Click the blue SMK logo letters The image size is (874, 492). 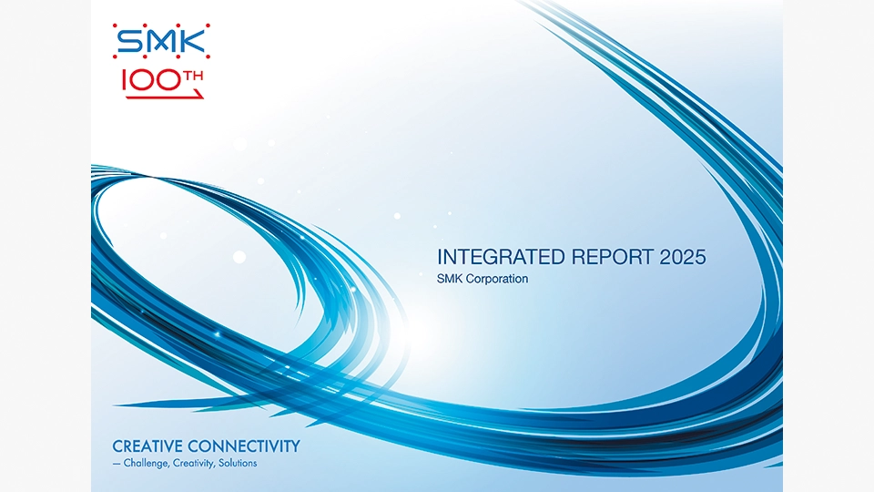point(161,41)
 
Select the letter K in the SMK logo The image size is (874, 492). point(193,41)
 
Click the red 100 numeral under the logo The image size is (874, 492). point(151,81)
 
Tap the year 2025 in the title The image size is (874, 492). point(683,257)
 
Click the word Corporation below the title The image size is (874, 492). point(497,279)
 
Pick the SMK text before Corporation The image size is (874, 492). point(449,279)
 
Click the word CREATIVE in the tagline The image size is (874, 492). point(147,446)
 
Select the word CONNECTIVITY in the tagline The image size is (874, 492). point(244,446)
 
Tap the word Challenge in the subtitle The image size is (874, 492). point(146,464)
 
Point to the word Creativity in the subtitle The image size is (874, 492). point(194,464)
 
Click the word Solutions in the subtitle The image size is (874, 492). point(238,463)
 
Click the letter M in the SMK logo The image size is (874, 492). point(162,41)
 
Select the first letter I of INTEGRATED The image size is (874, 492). point(439,257)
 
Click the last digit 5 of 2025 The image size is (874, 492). point(700,257)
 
